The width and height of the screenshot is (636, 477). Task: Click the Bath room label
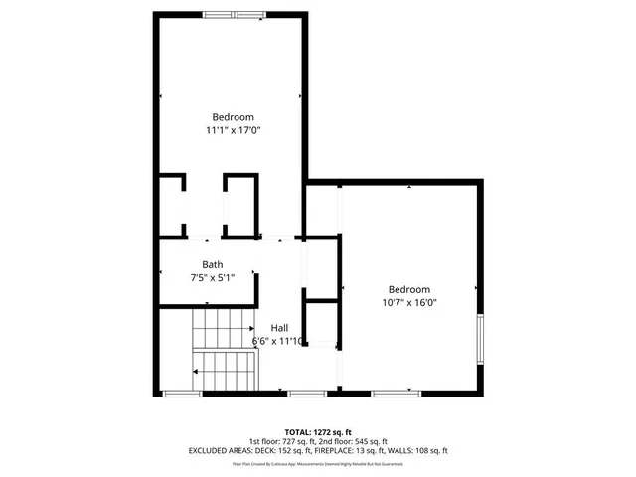click(x=213, y=264)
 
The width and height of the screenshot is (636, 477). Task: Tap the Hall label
click(x=279, y=328)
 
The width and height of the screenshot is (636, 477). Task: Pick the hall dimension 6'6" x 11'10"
click(x=278, y=341)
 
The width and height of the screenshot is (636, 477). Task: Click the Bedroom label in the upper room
click(x=232, y=116)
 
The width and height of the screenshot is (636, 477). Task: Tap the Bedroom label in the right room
click(x=409, y=289)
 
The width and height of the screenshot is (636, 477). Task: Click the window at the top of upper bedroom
click(x=235, y=14)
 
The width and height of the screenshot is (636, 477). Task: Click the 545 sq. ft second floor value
click(x=370, y=441)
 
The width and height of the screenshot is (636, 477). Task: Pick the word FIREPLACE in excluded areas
click(x=350, y=450)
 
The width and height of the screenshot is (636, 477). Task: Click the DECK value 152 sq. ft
click(x=286, y=450)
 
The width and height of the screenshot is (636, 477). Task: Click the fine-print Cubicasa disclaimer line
click(x=317, y=463)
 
